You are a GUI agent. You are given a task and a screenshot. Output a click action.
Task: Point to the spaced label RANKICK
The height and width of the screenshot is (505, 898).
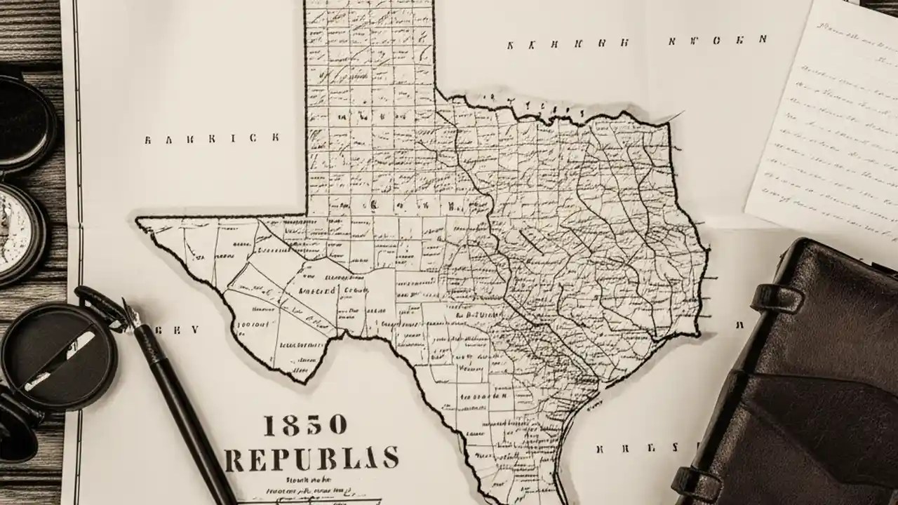[211, 138]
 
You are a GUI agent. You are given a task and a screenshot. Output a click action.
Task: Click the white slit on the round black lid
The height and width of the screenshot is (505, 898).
[60, 361]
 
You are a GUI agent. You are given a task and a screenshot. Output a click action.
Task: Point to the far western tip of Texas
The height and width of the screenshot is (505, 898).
[138, 222]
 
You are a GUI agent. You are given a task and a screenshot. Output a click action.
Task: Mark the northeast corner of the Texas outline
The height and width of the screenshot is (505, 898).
[666, 124]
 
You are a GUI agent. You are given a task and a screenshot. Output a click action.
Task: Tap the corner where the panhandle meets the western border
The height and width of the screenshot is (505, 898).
[307, 214]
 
